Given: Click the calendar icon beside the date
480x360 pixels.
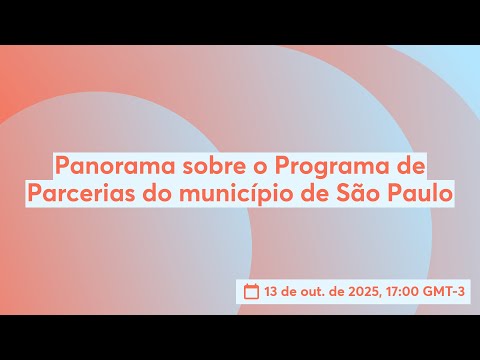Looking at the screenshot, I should (x=253, y=292).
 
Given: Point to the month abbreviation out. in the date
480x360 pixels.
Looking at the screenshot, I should (x=310, y=292).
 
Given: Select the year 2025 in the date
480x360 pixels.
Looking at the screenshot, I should (x=355, y=292).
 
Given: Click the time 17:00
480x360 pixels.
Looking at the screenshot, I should (x=400, y=292).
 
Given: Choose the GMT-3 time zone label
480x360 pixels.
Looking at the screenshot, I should (x=447, y=292).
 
